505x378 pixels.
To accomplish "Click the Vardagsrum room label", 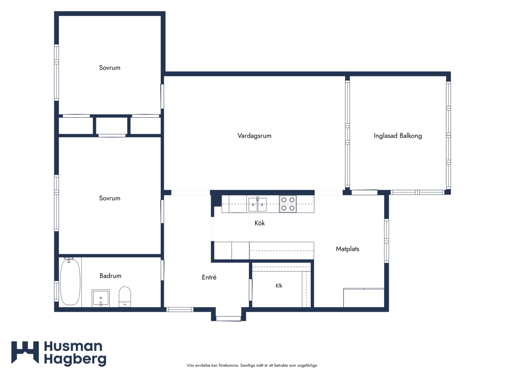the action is click(254, 136).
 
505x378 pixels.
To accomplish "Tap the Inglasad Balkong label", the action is click(398, 136).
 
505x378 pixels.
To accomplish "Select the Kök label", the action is click(260, 223).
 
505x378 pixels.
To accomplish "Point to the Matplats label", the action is click(348, 249).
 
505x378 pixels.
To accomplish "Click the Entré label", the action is click(209, 277).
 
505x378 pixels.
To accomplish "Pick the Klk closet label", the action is click(279, 286).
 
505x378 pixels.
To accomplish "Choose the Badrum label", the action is click(110, 276).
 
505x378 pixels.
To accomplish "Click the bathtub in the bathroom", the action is click(70, 282).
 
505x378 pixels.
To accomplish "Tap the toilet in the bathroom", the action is click(125, 296).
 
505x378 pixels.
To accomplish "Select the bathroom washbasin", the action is click(101, 298).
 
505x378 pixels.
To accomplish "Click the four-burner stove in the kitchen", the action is click(288, 204).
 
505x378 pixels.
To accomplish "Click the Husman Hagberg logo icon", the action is click(25, 352).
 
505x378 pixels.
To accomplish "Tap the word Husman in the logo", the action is click(73, 346).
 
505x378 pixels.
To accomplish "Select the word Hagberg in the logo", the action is click(75, 359).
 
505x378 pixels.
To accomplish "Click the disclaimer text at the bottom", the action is click(252, 365).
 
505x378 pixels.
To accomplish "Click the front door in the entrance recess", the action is click(228, 318).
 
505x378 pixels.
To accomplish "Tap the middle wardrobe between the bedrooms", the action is click(112, 126).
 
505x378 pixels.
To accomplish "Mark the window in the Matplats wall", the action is click(386, 241).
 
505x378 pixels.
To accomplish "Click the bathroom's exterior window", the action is click(56, 291).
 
